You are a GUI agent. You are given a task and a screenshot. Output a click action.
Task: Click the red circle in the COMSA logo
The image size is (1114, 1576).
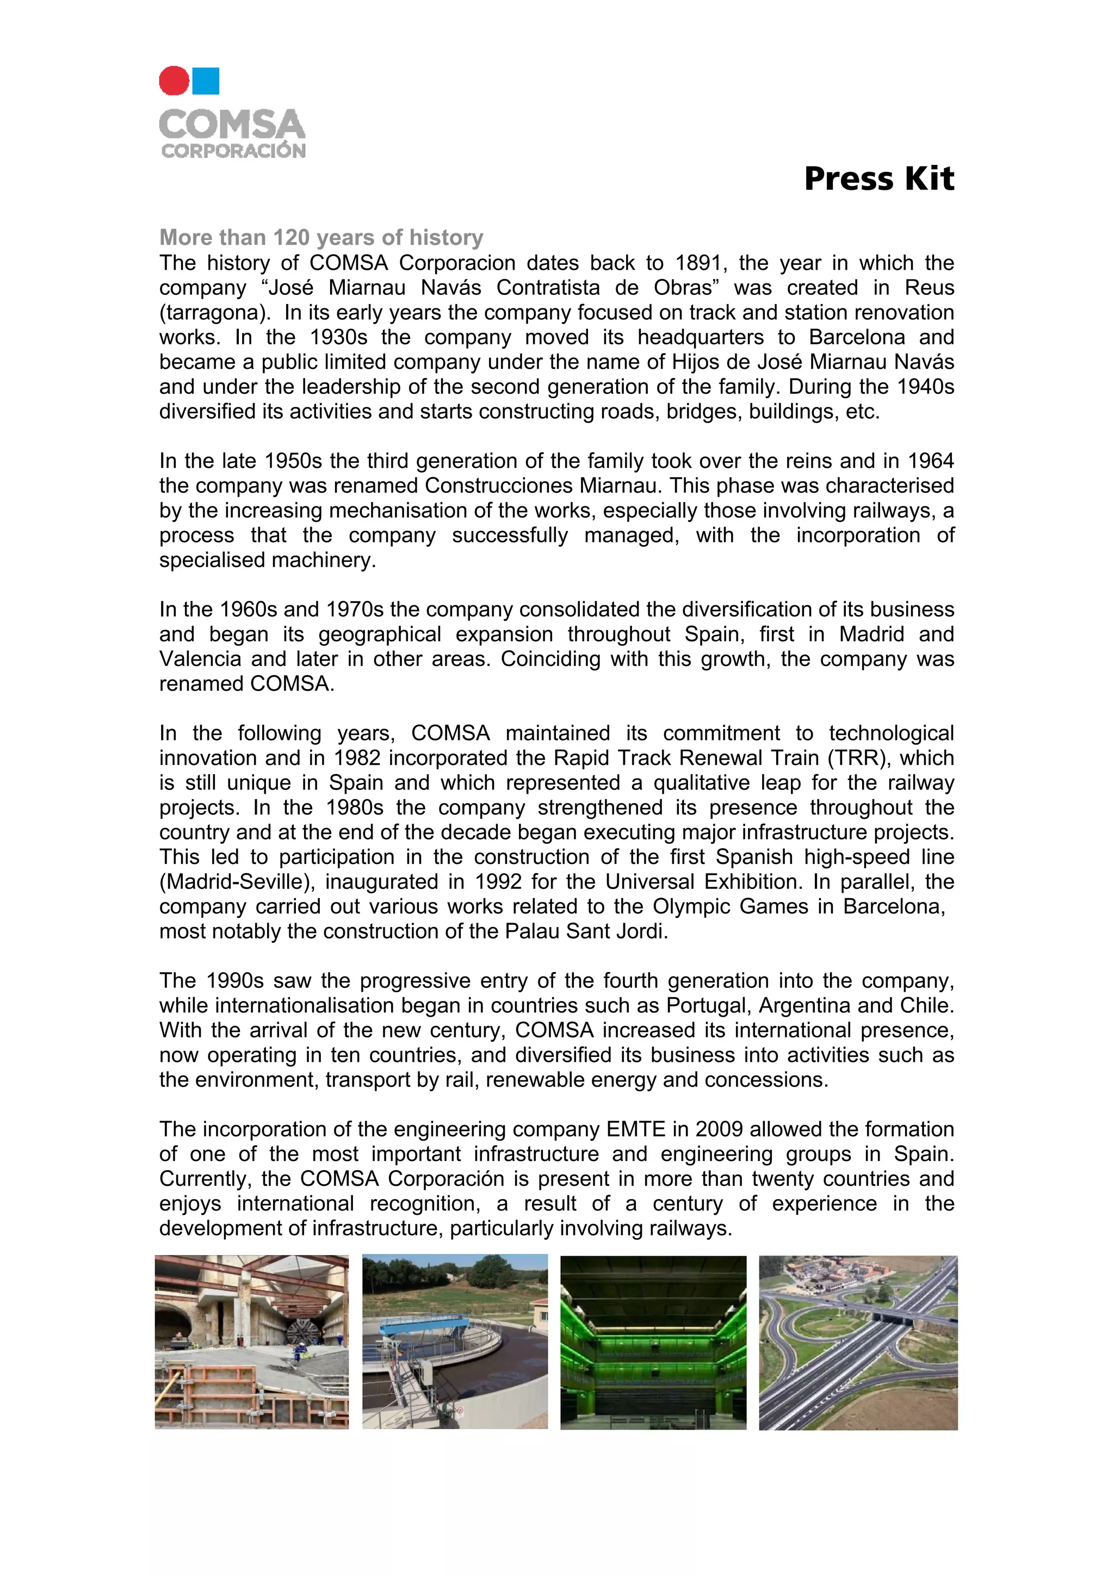[174, 81]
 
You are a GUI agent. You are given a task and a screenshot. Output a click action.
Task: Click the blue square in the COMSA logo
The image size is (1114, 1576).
[206, 81]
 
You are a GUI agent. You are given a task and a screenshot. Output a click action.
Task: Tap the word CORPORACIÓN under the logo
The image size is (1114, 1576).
[233, 151]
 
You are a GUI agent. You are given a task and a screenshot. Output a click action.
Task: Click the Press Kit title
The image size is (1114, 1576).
[878, 178]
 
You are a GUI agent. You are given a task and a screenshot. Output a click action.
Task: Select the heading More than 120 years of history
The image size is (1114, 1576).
[321, 238]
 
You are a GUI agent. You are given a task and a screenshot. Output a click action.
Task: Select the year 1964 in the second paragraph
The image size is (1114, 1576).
[930, 461]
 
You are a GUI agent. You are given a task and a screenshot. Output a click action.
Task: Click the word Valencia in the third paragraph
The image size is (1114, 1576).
[200, 659]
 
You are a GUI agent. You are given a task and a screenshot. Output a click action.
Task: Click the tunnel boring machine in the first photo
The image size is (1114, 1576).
[302, 1332]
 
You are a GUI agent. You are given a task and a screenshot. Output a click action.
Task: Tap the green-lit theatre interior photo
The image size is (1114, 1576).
[653, 1343]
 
